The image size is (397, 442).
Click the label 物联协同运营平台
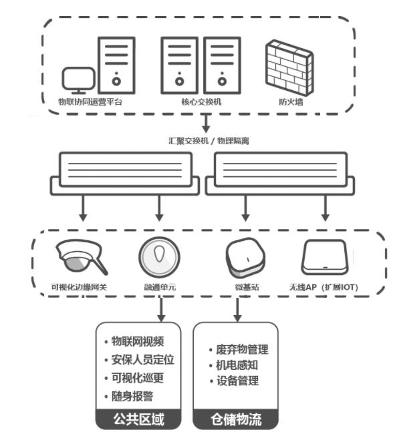click(x=91, y=102)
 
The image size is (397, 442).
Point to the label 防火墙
click(x=289, y=102)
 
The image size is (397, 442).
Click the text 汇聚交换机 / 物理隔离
click(x=209, y=141)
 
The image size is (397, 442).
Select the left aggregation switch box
click(x=124, y=172)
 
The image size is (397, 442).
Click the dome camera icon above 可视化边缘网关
click(x=82, y=256)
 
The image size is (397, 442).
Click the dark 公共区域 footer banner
click(x=139, y=420)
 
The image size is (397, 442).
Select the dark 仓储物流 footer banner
click(x=237, y=420)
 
